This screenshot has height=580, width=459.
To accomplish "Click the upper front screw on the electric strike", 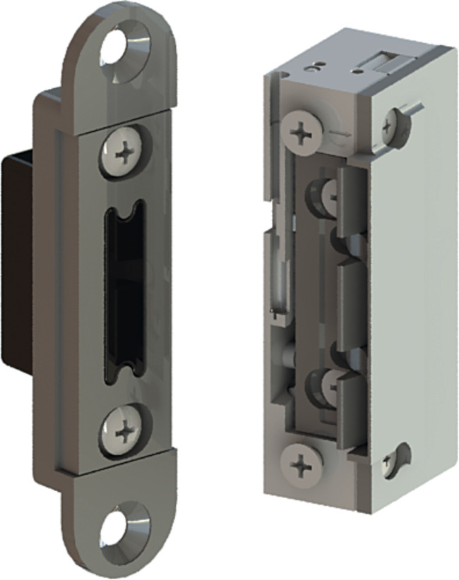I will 300,131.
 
